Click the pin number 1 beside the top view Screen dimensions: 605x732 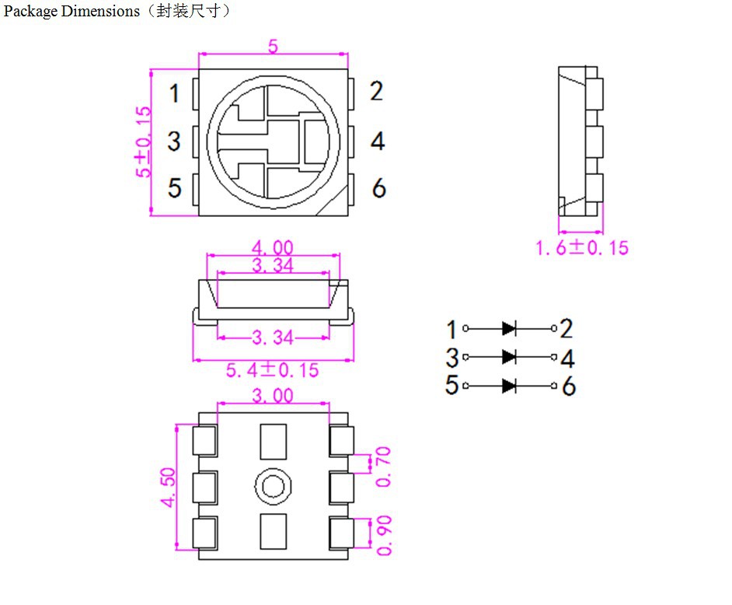[x=174, y=94]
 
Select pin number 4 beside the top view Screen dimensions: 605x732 [x=378, y=142]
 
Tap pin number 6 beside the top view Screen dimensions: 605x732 [x=378, y=188]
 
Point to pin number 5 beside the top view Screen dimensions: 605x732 [x=175, y=188]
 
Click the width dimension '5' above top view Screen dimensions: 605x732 [x=273, y=47]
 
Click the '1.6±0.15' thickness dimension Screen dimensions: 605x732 [x=581, y=248]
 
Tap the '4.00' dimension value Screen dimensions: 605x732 [x=272, y=248]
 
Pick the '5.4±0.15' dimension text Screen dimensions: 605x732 [x=272, y=370]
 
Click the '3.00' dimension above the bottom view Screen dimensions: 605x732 [x=272, y=396]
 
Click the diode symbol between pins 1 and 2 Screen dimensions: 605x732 [x=509, y=328]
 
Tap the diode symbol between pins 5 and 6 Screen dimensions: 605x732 [x=509, y=385]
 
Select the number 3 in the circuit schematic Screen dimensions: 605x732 [x=451, y=358]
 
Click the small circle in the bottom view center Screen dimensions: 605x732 [x=273, y=487]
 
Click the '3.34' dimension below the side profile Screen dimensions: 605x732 [x=272, y=337]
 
